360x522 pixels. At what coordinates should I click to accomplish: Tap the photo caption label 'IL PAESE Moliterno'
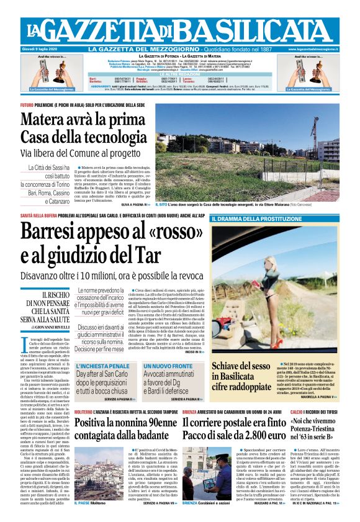coord(90,520)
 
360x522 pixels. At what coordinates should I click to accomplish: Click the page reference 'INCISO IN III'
coord(191,351)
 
